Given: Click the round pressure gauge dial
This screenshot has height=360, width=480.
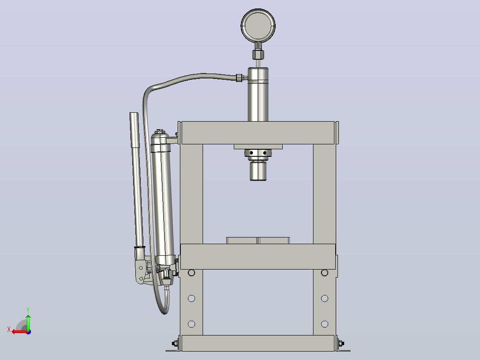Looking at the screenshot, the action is click(x=258, y=25).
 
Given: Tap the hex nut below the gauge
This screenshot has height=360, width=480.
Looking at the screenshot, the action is click(x=258, y=54).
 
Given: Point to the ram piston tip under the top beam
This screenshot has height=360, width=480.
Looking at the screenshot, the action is click(x=258, y=171).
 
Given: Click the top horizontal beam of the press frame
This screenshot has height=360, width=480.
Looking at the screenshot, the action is click(x=258, y=133).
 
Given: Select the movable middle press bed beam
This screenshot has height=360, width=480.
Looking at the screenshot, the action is click(x=258, y=257).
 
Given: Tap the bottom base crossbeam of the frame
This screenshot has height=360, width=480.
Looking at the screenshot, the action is click(x=258, y=343).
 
